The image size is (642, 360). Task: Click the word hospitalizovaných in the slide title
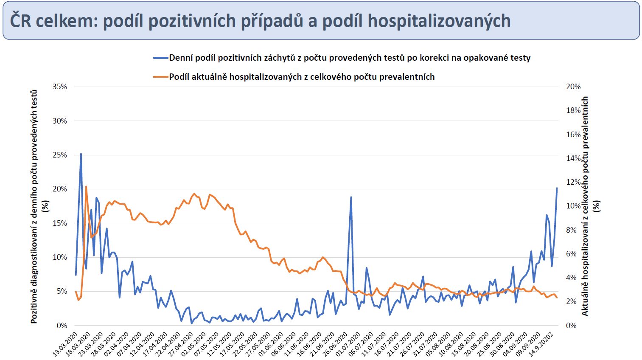(x=439, y=21)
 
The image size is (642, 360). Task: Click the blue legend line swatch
(x=161, y=58)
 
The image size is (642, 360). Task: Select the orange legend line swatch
(x=161, y=77)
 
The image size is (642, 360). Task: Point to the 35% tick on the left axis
(x=60, y=87)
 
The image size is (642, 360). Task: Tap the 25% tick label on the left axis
(x=60, y=155)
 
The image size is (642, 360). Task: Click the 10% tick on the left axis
(x=60, y=257)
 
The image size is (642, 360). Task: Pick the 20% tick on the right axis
(x=573, y=87)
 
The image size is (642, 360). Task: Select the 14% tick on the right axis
(x=573, y=158)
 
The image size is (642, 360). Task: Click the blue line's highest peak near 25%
(x=81, y=154)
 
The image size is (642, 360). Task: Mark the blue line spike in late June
(x=351, y=197)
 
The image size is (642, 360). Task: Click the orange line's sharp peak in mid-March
(x=86, y=186)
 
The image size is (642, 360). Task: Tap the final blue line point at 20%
(x=557, y=188)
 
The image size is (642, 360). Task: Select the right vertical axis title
(x=590, y=206)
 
